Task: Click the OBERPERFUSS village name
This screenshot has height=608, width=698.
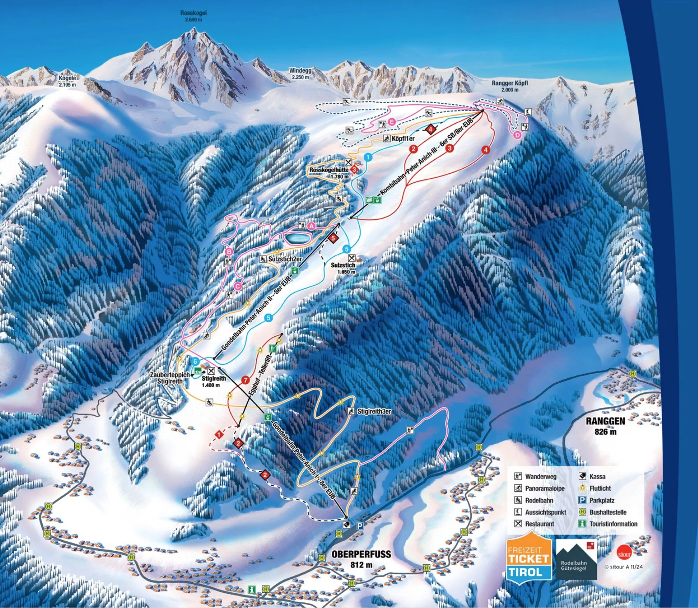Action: (361, 554)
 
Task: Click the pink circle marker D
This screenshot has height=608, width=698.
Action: (517, 135)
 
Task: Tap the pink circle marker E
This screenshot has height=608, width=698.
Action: (392, 122)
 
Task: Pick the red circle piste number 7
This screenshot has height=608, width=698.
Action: (246, 380)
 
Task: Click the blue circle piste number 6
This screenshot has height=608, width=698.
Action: (195, 361)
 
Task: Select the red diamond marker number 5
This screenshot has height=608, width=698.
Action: (333, 238)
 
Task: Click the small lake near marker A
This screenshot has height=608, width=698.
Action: (298, 239)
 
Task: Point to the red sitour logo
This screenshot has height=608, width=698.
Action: (624, 554)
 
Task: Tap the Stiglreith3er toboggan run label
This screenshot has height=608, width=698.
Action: (374, 412)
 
